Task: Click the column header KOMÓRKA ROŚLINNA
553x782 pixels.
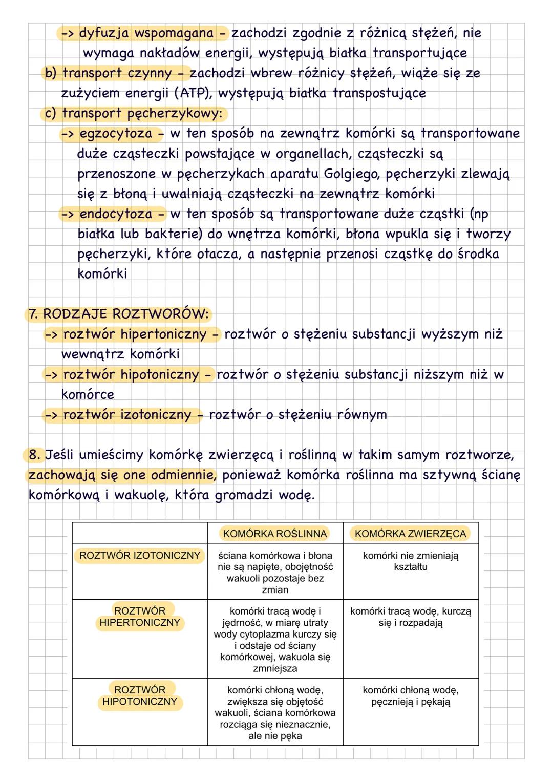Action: tap(275, 534)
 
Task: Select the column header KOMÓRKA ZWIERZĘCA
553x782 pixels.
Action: tap(410, 534)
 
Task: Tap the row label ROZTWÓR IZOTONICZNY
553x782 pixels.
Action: tap(140, 556)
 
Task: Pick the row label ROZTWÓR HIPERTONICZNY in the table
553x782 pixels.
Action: tap(140, 617)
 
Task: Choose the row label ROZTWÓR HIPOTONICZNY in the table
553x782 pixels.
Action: tap(140, 695)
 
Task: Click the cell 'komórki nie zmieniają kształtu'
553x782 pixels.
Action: tap(411, 561)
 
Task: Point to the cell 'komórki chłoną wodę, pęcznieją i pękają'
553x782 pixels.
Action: tap(411, 696)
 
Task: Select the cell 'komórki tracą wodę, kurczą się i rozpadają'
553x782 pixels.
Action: tap(411, 617)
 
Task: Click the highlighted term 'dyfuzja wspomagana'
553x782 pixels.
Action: tap(146, 33)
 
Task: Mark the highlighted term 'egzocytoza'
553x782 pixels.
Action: tap(116, 134)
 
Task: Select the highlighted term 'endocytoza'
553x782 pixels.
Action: tap(116, 214)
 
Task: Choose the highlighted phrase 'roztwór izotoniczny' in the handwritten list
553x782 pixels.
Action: tap(126, 414)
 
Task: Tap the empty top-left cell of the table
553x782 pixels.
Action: tap(140, 534)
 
